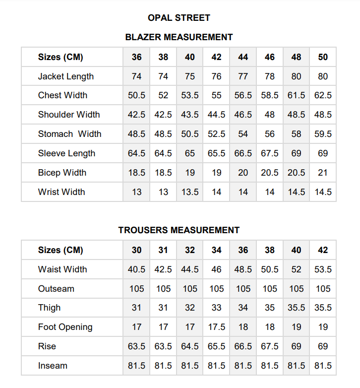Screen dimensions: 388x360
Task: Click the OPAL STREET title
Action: [x=179, y=18]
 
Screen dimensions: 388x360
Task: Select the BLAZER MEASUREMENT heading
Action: [x=179, y=37]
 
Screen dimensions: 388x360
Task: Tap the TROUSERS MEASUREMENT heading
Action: [x=179, y=230]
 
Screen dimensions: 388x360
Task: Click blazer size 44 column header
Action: [x=243, y=57]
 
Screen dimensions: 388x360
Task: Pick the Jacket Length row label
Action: [x=66, y=76]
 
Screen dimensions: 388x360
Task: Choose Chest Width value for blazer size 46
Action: [x=270, y=95]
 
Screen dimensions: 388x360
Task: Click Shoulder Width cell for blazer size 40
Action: [x=190, y=115]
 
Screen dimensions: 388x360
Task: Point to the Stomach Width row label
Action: [x=70, y=134]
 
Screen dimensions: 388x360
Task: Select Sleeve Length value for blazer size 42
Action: [x=217, y=153]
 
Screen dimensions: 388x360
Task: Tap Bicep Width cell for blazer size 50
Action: [x=323, y=173]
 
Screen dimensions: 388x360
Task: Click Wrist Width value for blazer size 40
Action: [x=190, y=192]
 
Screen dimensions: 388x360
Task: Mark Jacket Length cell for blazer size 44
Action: [x=243, y=76]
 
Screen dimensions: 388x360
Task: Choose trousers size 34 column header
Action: [x=217, y=250]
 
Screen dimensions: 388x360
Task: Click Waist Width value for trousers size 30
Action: [x=137, y=269]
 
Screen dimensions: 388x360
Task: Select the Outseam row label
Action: [x=56, y=289]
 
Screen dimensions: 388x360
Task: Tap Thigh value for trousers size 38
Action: [x=270, y=308]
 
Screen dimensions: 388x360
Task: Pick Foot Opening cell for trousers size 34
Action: [x=217, y=327]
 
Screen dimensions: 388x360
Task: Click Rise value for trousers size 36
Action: [x=243, y=346]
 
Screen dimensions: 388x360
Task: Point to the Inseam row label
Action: [x=53, y=366]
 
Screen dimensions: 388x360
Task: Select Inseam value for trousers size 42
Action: [x=323, y=366]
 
